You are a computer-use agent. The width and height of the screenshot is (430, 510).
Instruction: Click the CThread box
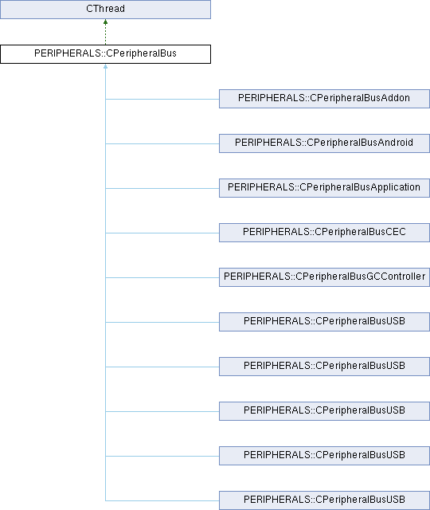(x=105, y=10)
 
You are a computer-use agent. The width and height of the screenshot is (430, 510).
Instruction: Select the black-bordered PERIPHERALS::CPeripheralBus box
(x=105, y=54)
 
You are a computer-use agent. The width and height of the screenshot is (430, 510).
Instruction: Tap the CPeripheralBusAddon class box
(x=324, y=99)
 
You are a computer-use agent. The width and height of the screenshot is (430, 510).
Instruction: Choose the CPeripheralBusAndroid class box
(x=324, y=143)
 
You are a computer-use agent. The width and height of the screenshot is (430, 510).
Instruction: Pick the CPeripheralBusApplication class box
(x=324, y=188)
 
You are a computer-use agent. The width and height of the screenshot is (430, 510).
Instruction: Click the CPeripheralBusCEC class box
(x=324, y=233)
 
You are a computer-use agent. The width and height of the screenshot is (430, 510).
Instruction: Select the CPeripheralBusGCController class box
(x=324, y=277)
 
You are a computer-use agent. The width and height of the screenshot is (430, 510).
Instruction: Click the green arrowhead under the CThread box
(x=105, y=22)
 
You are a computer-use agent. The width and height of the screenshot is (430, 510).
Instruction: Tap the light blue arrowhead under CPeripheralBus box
(x=105, y=66)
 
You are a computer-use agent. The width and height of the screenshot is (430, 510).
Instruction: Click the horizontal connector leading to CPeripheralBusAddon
(x=162, y=99)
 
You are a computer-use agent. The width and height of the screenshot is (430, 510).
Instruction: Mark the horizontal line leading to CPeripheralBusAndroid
(x=162, y=143)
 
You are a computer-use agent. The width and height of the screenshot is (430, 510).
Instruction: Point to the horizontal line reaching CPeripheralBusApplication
(x=162, y=188)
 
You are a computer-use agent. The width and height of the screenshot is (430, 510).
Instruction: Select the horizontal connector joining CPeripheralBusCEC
(x=162, y=233)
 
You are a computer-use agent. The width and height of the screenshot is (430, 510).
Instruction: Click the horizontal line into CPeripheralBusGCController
(x=162, y=277)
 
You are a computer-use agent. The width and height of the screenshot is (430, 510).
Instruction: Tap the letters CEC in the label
(x=396, y=232)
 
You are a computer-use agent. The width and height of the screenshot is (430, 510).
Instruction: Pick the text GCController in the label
(x=396, y=277)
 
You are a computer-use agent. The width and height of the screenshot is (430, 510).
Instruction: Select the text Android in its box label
(x=396, y=143)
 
